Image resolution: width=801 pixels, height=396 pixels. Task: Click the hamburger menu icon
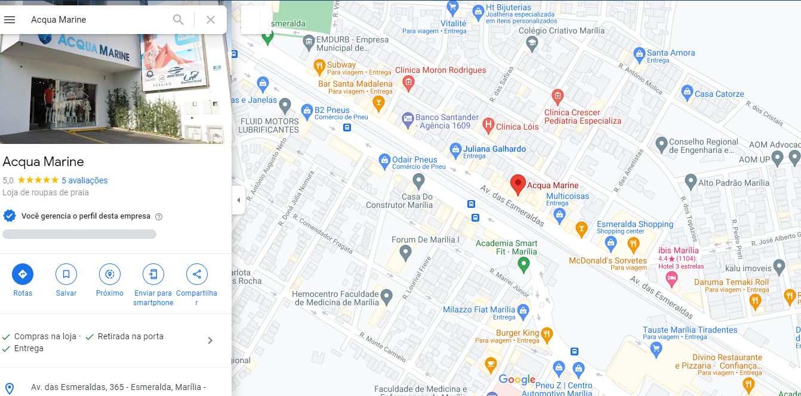point(10,20)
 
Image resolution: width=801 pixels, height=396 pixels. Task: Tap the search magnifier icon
point(178,20)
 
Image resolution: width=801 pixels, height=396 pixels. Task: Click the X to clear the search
point(210,20)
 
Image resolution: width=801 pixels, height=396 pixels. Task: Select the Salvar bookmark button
point(66,274)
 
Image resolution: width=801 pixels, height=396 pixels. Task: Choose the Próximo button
point(110,274)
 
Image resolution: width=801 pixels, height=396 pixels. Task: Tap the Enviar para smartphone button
point(153,274)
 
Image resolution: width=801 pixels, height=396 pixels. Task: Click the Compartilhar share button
point(196,274)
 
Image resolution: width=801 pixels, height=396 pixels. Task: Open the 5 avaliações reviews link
point(84,180)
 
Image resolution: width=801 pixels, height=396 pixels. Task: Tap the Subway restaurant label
point(341,65)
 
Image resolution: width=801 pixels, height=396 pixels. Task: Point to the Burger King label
point(517,333)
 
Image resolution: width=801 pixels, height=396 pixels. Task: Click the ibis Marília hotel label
point(679,250)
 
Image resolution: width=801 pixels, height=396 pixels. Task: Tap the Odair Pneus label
point(414,159)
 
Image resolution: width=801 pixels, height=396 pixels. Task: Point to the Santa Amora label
point(671,53)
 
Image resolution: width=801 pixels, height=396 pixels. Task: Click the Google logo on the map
point(517,379)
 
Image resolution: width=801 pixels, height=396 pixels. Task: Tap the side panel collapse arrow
point(238,200)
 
